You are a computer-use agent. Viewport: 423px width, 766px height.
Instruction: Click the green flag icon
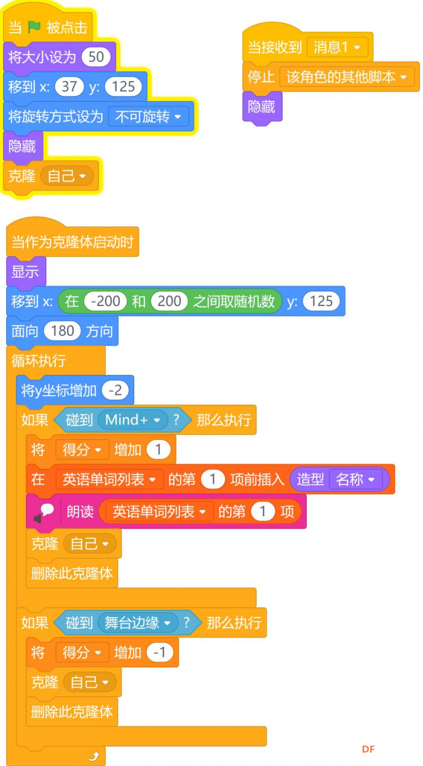pyautogui.click(x=34, y=27)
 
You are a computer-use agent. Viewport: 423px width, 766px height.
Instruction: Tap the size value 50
pyautogui.click(x=96, y=57)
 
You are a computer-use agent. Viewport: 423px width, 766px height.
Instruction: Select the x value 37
pyautogui.click(x=69, y=86)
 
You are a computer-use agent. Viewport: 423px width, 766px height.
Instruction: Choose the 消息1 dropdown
pyautogui.click(x=337, y=47)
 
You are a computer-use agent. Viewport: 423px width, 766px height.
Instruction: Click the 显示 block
pyautogui.click(x=25, y=272)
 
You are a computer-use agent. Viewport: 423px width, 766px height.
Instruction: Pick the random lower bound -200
pyautogui.click(x=105, y=302)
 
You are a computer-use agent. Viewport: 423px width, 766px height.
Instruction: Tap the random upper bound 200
pyautogui.click(x=169, y=302)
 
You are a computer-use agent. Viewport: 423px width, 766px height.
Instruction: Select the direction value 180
pyautogui.click(x=63, y=331)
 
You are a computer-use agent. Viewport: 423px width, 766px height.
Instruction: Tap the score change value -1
pyautogui.click(x=160, y=652)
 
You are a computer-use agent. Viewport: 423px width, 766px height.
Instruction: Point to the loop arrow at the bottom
pyautogui.click(x=94, y=756)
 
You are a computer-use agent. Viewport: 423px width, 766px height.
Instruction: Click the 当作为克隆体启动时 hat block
pyautogui.click(x=72, y=242)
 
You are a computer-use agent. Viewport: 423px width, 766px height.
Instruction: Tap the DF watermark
pyautogui.click(x=368, y=749)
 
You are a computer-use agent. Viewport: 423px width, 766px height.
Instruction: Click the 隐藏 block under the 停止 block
pyautogui.click(x=262, y=107)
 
